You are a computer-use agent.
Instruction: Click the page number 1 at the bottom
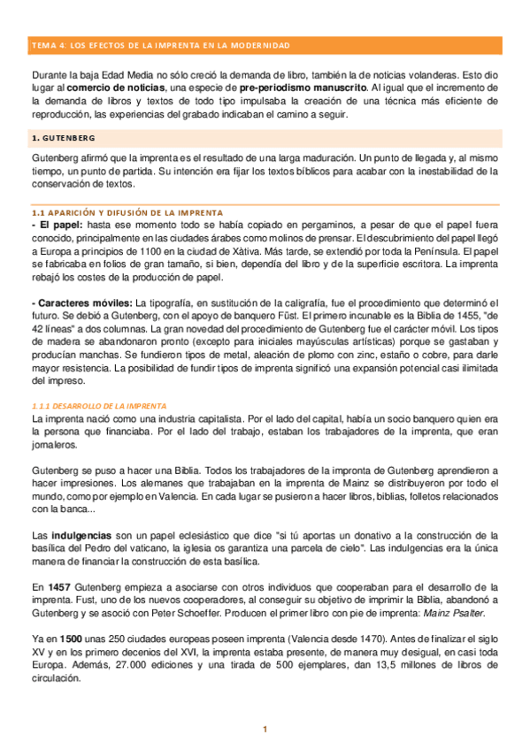tap(264, 729)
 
